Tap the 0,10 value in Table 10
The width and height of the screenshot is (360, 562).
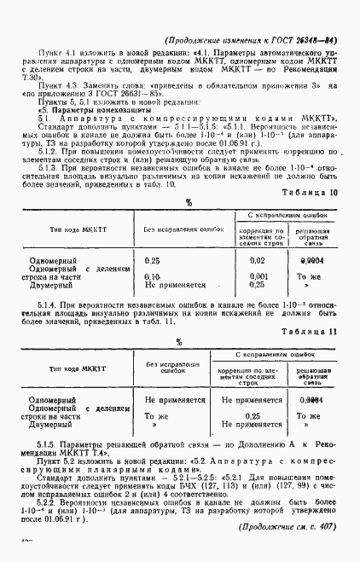coord(154,277)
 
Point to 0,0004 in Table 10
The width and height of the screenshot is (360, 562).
coord(307,260)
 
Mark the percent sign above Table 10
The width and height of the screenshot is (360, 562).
coord(189,201)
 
